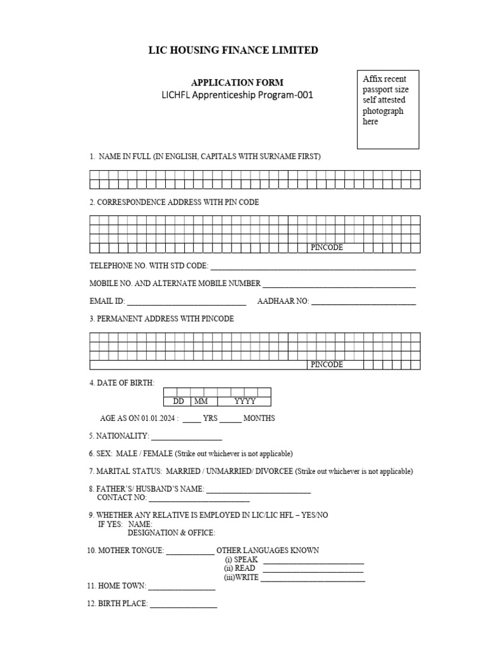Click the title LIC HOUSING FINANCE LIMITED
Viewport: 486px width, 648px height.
tap(234, 50)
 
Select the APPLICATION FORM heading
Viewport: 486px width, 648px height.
tap(237, 82)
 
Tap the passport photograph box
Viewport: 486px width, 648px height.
tap(388, 109)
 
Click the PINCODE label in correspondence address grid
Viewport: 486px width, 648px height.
tap(327, 247)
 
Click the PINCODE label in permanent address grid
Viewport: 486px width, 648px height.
tap(327, 364)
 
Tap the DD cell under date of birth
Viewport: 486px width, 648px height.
tap(178, 401)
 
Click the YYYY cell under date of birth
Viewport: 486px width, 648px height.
tap(244, 401)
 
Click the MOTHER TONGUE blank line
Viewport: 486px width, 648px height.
tap(190, 552)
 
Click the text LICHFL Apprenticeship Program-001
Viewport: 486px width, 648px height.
tap(237, 96)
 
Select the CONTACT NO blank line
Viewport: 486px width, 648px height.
tap(190, 499)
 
